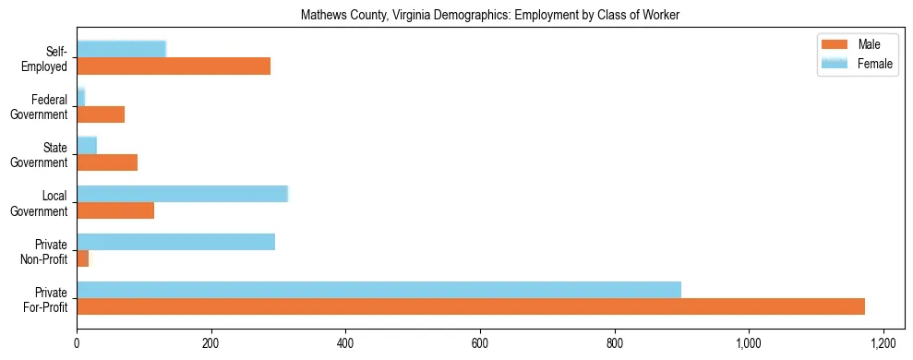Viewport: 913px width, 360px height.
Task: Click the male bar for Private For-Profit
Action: [x=471, y=306]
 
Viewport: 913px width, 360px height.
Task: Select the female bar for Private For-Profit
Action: [x=378, y=290]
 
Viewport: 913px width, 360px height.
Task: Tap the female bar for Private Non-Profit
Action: [x=175, y=242]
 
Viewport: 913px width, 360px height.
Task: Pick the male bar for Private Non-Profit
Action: [x=83, y=258]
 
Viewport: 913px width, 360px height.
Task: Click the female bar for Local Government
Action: [x=182, y=194]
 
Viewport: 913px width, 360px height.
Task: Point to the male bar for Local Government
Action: [x=115, y=210]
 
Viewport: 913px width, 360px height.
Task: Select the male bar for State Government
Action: [x=107, y=162]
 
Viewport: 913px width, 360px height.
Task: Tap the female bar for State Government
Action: [x=87, y=146]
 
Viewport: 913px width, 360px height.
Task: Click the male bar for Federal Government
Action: [x=101, y=114]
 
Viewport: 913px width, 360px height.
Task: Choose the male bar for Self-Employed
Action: [x=174, y=66]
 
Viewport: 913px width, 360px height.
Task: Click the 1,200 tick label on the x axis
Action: [x=883, y=343]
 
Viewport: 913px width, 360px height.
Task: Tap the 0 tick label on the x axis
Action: [x=77, y=343]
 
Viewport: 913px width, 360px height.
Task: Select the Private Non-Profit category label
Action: [x=47, y=251]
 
